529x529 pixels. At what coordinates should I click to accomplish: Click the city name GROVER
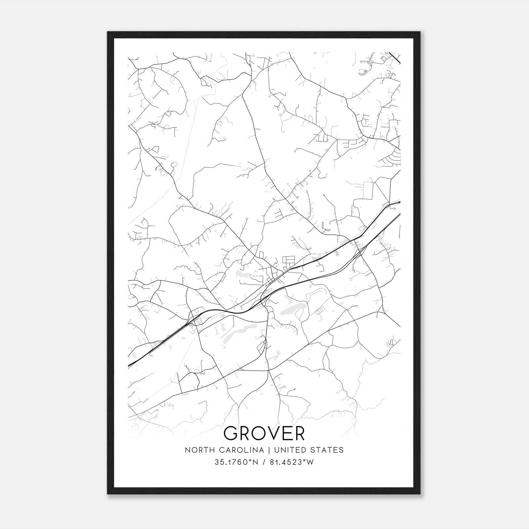tap(264, 433)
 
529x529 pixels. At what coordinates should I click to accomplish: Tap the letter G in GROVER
tap(232, 433)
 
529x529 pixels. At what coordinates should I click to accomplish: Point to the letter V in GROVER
tap(271, 433)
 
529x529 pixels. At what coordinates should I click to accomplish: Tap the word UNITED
tap(289, 450)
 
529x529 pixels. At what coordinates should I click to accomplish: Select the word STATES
tap(327, 450)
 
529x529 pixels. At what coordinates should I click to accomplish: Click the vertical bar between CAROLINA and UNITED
tap(266, 450)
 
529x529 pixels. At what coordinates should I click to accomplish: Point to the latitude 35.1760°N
tap(236, 462)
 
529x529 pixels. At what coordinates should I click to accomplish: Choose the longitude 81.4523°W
tap(292, 462)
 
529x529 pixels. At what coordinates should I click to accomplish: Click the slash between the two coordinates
tap(264, 462)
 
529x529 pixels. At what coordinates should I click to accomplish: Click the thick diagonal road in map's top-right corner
tap(394, 57)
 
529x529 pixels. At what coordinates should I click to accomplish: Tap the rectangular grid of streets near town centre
tap(288, 260)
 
